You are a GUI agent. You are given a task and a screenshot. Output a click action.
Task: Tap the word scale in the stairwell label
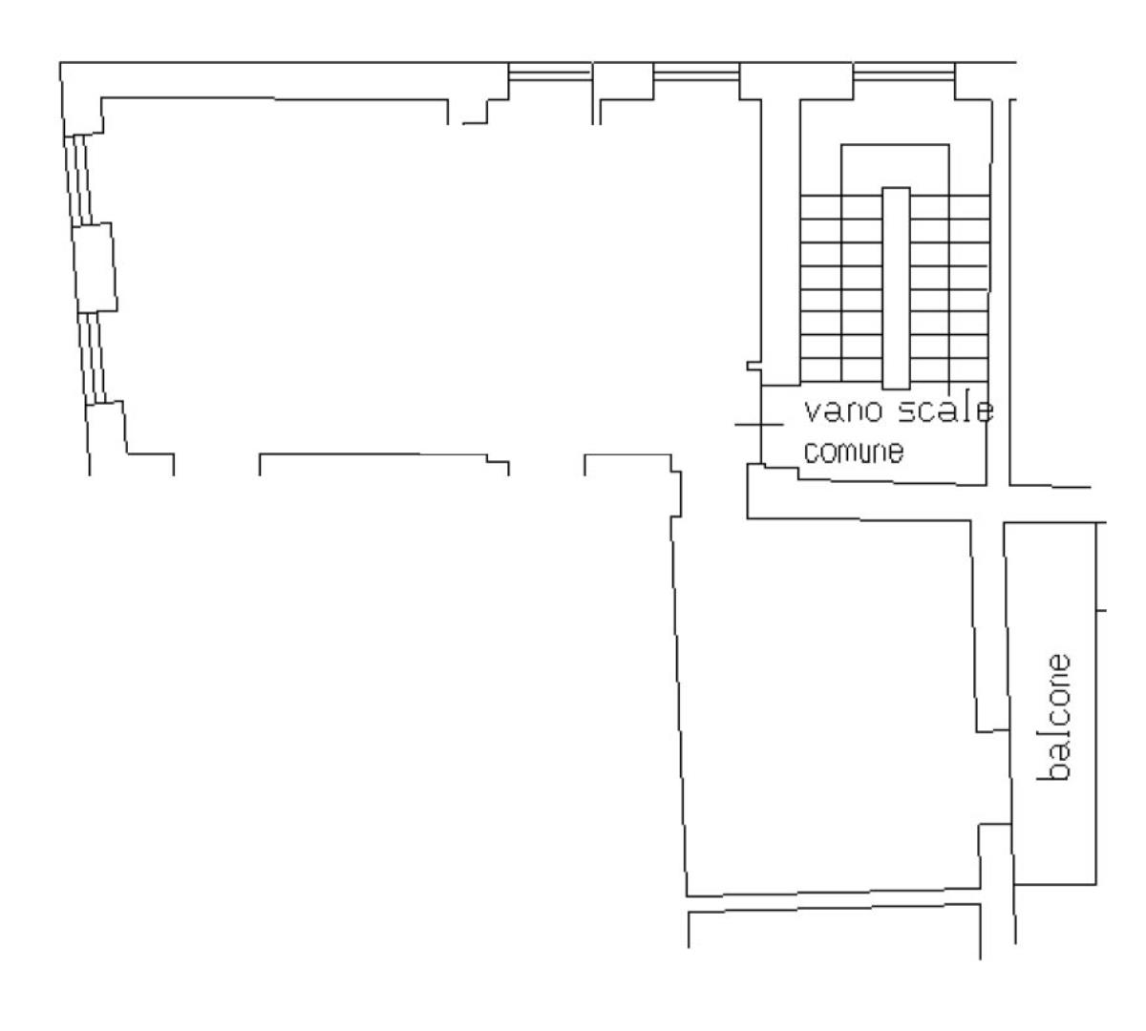coord(945,410)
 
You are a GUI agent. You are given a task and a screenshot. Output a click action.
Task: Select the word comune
coord(854,452)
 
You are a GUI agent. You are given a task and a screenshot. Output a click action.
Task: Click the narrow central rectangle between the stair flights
coord(896,288)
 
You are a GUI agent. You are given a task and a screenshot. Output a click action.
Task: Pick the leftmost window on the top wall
coord(549,73)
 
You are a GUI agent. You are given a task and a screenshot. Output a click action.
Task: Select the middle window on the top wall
coord(696,73)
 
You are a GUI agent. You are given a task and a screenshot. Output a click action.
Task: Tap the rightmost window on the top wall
coord(903,73)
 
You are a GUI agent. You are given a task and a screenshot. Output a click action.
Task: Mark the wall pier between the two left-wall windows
coord(95,268)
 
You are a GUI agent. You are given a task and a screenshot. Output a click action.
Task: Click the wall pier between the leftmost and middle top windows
coord(623,81)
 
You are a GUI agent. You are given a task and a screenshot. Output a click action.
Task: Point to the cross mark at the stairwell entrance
coord(760,425)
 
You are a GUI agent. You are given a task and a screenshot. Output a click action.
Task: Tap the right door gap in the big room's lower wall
coord(546,466)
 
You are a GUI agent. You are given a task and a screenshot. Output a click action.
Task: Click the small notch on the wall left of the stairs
coord(754,367)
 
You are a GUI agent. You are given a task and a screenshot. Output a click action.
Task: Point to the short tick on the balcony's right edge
coord(1101,611)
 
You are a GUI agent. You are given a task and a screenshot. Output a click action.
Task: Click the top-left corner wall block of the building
coord(82,98)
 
